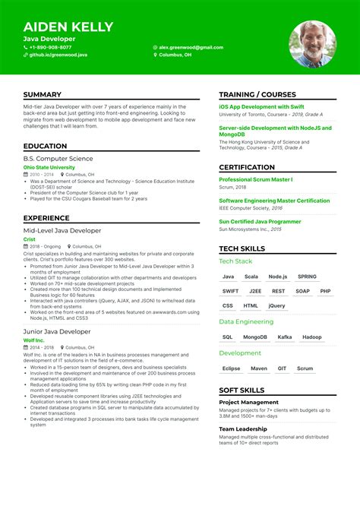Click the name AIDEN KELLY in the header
[x=68, y=27]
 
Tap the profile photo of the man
[x=313, y=43]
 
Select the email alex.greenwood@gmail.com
[x=191, y=47]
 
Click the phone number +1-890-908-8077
[x=50, y=47]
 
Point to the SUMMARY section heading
[x=43, y=94]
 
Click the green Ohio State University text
[x=49, y=167]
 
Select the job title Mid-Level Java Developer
[x=62, y=230]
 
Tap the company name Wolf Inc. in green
[x=35, y=340]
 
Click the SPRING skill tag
[x=307, y=277]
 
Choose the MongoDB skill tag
[x=255, y=337]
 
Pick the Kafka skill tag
[x=284, y=337]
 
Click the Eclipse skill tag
[x=231, y=368]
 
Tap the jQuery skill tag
[x=276, y=305]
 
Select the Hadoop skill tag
[x=311, y=337]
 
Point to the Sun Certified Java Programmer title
[x=260, y=221]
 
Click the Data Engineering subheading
[x=247, y=321]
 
